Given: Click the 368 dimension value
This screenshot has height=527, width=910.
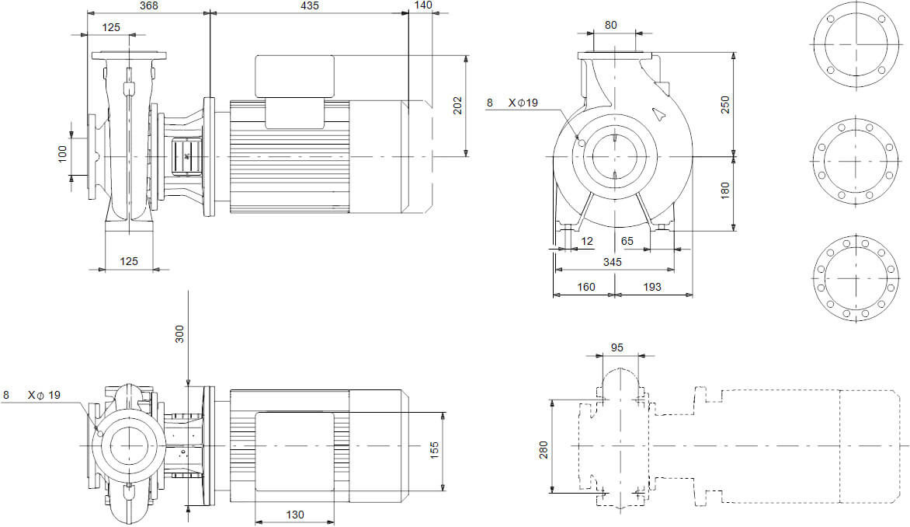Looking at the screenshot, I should pos(148,6).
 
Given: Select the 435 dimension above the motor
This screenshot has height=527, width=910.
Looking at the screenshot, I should pos(310,6).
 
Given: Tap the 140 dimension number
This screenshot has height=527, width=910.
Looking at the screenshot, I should pos(423,6).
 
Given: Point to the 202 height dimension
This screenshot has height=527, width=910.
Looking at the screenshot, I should pos(457,105).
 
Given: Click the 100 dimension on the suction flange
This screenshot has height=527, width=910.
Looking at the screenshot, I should pos(63,154).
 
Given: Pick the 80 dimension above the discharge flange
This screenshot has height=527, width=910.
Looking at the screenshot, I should pos(611,25).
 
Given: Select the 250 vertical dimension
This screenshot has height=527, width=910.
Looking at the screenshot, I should pos(725,105).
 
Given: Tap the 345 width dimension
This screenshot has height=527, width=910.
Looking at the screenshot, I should pos(613,262).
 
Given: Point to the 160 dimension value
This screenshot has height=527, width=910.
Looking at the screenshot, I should pos(586,287).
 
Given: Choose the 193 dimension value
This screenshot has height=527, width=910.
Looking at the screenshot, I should pos(652,287).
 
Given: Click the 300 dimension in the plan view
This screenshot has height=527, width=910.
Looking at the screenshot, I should pos(180,335).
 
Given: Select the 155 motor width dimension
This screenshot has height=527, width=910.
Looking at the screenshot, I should pos(435,449).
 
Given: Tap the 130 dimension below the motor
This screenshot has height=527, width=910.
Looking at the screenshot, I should pos(294,515).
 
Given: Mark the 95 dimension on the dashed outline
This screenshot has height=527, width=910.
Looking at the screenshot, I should pos(618,347).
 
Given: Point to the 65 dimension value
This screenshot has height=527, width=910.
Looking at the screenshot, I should pos(627,241).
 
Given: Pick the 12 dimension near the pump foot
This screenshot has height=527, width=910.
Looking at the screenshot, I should pos(587,241).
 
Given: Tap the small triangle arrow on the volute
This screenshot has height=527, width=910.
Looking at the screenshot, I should pos(659,115).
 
